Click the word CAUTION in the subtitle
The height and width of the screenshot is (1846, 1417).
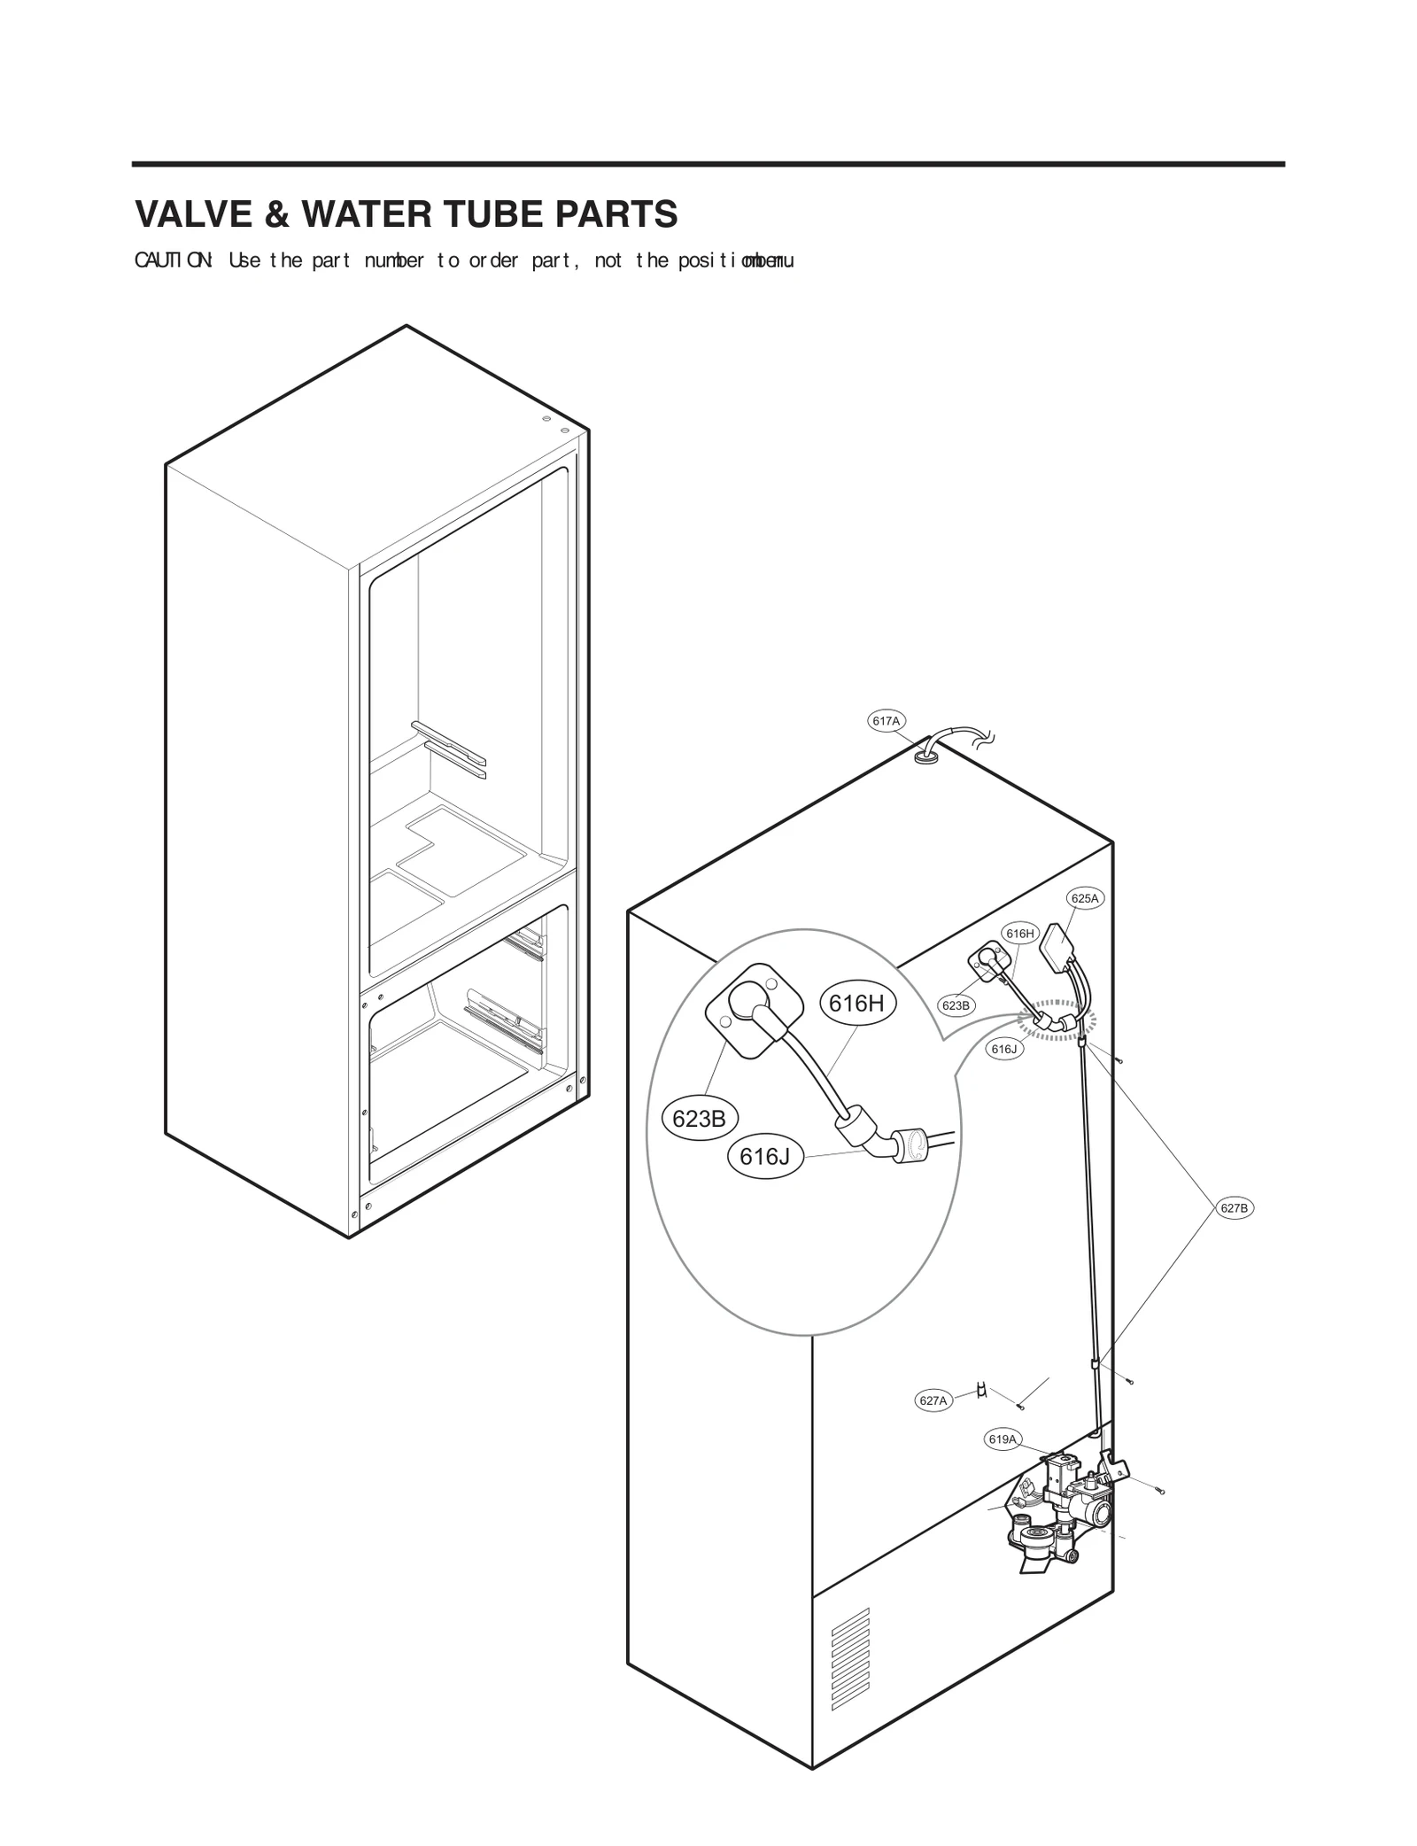coord(174,260)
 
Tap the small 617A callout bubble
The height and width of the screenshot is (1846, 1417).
coord(886,721)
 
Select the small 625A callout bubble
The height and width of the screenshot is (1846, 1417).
coord(1084,898)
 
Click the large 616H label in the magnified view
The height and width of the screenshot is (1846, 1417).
coord(856,1003)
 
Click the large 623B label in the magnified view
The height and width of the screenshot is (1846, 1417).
coord(699,1119)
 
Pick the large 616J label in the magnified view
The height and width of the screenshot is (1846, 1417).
coord(765,1157)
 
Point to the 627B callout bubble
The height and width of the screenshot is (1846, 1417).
coord(1234,1208)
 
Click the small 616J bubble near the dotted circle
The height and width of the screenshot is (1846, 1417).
coord(1004,1050)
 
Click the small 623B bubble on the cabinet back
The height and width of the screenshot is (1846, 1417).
coord(956,1005)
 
